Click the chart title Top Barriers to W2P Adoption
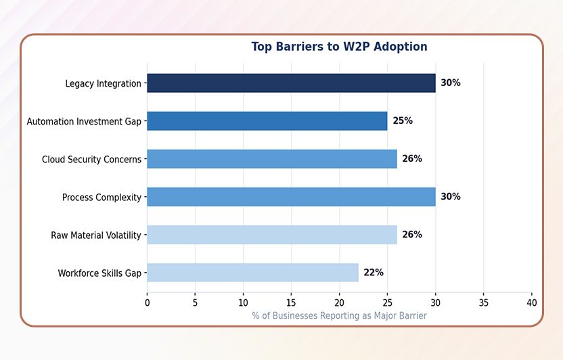(339, 47)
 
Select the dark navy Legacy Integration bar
(291, 83)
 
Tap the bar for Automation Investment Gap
(267, 121)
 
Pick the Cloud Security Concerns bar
(271, 159)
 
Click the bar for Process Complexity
(291, 197)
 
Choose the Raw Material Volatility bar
(271, 235)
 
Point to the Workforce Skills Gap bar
(252, 273)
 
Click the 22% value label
(374, 273)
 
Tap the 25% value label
(403, 121)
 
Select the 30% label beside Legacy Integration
(451, 83)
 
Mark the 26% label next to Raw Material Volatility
(412, 235)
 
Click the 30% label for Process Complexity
(451, 197)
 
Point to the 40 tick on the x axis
(531, 303)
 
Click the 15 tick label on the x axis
(291, 303)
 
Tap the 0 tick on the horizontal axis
(147, 303)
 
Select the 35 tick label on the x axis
(483, 303)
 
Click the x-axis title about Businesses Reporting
(339, 316)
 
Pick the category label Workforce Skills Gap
(99, 273)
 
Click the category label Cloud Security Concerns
(91, 160)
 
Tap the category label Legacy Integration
(103, 84)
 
